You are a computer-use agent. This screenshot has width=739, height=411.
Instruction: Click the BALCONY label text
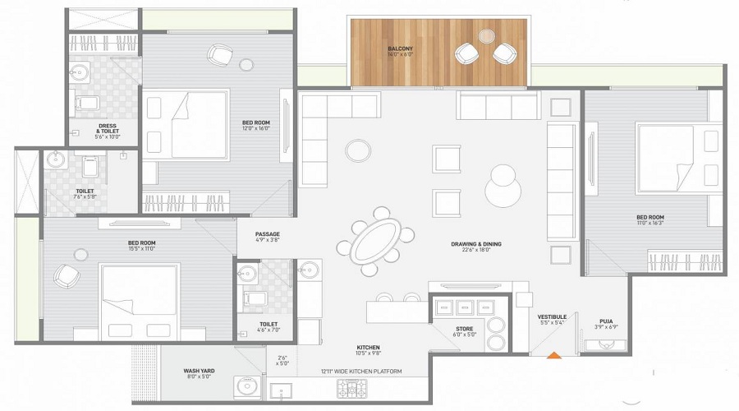pyautogui.click(x=401, y=49)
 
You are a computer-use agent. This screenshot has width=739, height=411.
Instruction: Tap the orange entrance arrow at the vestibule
pyautogui.click(x=554, y=356)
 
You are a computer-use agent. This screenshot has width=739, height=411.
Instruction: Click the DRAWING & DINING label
pyautogui.click(x=475, y=244)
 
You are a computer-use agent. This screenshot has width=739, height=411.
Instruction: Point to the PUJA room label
pyautogui.click(x=606, y=321)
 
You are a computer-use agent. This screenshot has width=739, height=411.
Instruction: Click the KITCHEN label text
pyautogui.click(x=368, y=348)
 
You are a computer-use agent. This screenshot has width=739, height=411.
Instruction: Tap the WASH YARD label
pyautogui.click(x=200, y=372)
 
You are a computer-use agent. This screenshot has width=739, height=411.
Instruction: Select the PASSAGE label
pyautogui.click(x=267, y=234)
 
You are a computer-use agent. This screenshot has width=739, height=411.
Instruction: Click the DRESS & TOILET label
pyautogui.click(x=108, y=132)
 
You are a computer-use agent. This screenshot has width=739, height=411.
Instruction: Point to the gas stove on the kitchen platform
pyautogui.click(x=351, y=389)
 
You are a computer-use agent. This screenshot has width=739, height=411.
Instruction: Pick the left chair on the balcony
pyautogui.click(x=466, y=54)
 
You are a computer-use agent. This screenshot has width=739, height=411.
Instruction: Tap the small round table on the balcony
pyautogui.click(x=487, y=36)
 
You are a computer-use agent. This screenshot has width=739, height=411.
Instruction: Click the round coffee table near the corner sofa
pyautogui.click(x=358, y=150)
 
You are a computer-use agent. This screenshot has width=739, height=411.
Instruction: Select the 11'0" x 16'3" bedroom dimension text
pyautogui.click(x=650, y=224)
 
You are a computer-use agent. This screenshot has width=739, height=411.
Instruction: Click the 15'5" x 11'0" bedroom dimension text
pyautogui.click(x=141, y=248)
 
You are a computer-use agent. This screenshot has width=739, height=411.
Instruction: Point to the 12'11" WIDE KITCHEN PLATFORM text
pyautogui.click(x=361, y=372)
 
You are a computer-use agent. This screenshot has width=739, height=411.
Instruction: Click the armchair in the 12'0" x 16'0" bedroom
pyautogui.click(x=219, y=55)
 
